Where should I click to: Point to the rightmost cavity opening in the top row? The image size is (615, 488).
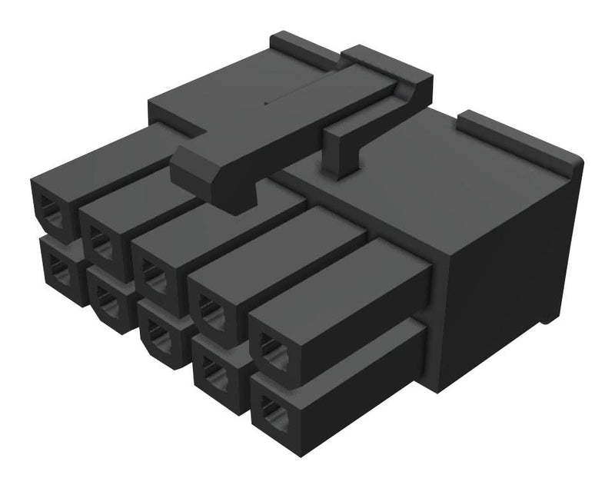270,347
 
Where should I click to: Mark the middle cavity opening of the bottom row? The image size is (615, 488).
158,332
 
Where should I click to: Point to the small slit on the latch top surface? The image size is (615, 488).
269,100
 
